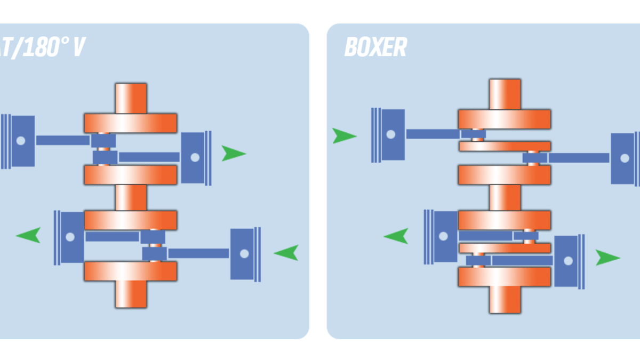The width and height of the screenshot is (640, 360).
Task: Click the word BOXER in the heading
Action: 375,47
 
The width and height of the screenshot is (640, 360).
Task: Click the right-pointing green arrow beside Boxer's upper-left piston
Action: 344,136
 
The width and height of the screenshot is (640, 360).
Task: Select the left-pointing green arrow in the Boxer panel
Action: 396,236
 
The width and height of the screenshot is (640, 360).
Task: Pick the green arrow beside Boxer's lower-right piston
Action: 607,258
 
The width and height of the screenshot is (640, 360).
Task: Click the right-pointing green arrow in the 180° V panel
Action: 233,154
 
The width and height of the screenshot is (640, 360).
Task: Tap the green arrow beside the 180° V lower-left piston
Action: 29,235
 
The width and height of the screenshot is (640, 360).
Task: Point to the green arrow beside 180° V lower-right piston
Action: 286,252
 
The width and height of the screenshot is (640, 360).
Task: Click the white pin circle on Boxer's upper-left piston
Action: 391,134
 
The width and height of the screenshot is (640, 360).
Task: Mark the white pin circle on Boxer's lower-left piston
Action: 443,236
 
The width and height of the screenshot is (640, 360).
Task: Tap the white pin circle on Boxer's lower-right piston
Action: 568,260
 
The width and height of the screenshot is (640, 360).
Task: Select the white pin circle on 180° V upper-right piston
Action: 195,157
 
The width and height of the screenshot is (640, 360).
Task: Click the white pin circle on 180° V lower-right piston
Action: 244,254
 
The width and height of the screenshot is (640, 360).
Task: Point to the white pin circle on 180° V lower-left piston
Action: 70,236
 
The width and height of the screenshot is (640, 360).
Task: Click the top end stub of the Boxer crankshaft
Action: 504,94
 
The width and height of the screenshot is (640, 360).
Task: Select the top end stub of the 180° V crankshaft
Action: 131,98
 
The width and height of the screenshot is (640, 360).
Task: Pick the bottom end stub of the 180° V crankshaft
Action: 131,294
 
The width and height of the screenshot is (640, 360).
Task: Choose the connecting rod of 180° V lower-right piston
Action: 198,253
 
